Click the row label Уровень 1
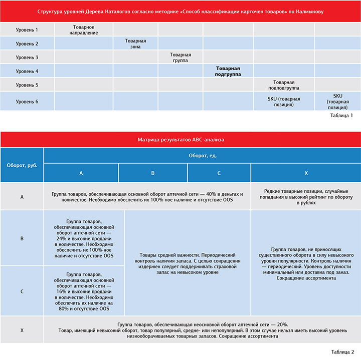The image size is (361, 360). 27,30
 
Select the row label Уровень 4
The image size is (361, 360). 27,71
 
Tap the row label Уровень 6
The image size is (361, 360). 27,102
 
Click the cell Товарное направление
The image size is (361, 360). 83,30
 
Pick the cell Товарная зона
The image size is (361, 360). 135,44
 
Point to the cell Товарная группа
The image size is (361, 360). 180,57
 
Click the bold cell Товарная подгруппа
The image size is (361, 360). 228,71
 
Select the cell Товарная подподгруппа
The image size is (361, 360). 284,85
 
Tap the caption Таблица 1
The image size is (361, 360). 341,116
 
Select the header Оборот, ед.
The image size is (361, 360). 203,155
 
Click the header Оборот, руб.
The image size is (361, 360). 22,165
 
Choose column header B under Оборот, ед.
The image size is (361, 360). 153,173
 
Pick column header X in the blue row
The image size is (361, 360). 306,173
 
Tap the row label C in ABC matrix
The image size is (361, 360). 22,291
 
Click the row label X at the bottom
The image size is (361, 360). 22,330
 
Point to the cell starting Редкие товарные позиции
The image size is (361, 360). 306,196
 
